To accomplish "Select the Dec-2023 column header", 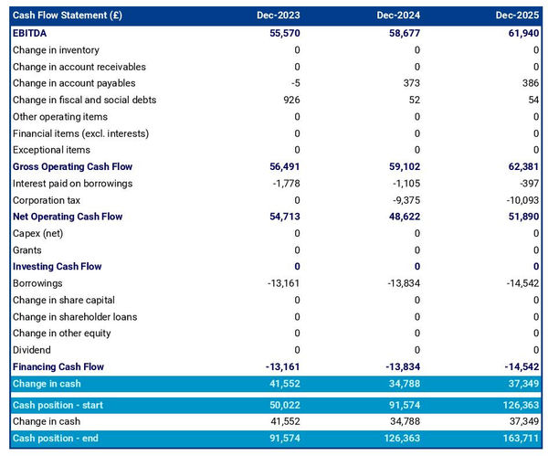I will coord(279,16).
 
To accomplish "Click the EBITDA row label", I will coord(33,33).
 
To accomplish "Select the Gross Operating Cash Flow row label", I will coord(72,166).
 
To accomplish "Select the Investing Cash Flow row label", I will coord(58,267).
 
